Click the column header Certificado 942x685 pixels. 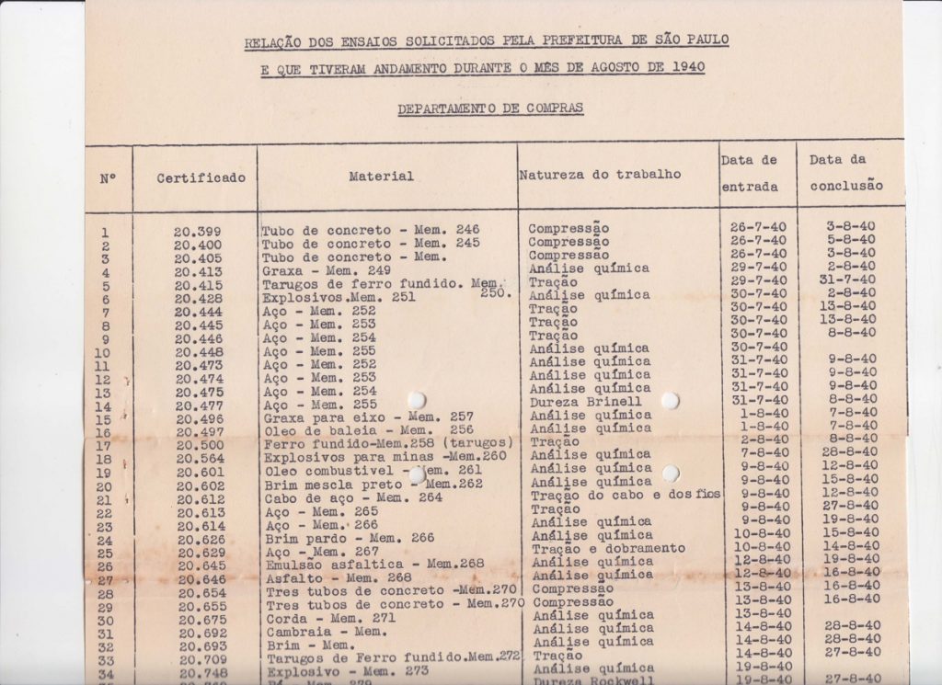pyautogui.click(x=201, y=177)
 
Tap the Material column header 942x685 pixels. pyautogui.click(x=381, y=176)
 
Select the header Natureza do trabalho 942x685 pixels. pyautogui.click(x=600, y=174)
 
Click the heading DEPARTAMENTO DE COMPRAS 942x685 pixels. pyautogui.click(x=489, y=109)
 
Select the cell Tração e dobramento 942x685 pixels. pyautogui.click(x=608, y=548)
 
